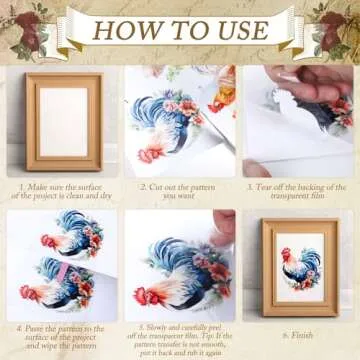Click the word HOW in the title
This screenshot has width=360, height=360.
pyautogui.click(x=130, y=29)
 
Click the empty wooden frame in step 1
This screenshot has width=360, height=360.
pyautogui.click(x=63, y=120)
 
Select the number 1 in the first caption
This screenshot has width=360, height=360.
pyautogui.click(x=21, y=186)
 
